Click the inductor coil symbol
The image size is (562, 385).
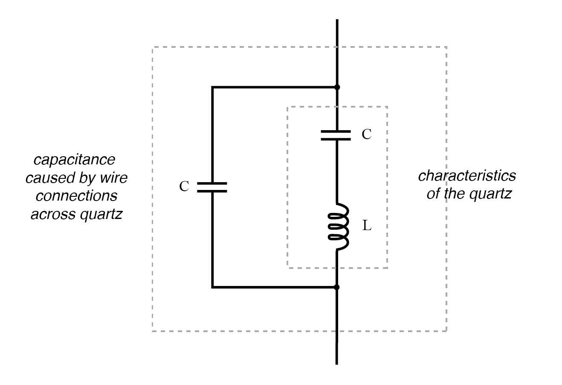pyautogui.click(x=339, y=227)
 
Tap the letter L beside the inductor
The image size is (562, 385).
pyautogui.click(x=367, y=226)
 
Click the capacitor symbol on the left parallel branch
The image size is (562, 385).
pyautogui.click(x=212, y=187)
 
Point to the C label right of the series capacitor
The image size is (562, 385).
pyautogui.click(x=367, y=134)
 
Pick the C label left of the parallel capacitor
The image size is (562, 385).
pyautogui.click(x=184, y=187)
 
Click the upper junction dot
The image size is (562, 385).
pyautogui.click(x=337, y=87)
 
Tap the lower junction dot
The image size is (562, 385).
pyautogui.click(x=337, y=287)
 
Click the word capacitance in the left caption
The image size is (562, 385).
pyautogui.click(x=74, y=160)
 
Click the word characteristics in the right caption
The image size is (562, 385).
pyautogui.click(x=466, y=175)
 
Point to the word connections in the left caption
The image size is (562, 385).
pyautogui.click(x=76, y=196)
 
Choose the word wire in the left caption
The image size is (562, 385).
pyautogui.click(x=114, y=178)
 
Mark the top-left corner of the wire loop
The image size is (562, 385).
pyautogui.click(x=212, y=87)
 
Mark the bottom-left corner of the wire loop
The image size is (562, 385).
pyautogui.click(x=212, y=287)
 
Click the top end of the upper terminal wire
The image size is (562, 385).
pyautogui.click(x=337, y=20)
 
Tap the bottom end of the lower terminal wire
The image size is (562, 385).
pyautogui.click(x=337, y=363)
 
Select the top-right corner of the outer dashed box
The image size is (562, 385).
pyautogui.click(x=446, y=47)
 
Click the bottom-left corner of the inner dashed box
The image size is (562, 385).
pyautogui.click(x=288, y=268)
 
